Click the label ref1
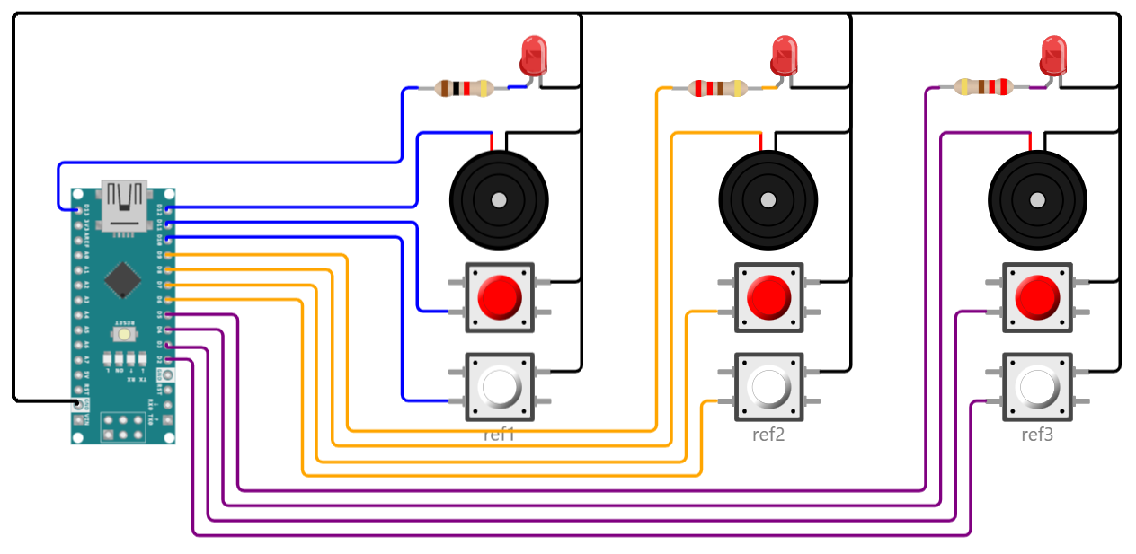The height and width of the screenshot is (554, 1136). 499,435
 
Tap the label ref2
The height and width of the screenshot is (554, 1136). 768,435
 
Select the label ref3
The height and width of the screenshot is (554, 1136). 1036,435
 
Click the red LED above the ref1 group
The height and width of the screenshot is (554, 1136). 533,56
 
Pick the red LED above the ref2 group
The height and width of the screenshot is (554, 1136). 784,56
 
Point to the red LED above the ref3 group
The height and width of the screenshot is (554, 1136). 1052,56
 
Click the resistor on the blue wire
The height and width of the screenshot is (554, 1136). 464,88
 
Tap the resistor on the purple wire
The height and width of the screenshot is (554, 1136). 983,87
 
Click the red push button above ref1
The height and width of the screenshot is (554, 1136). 500,296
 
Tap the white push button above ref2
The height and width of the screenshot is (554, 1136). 768,386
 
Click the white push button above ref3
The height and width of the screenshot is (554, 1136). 1037,387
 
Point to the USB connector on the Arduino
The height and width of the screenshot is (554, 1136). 124,203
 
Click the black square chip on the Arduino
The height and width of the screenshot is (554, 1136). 121,279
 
